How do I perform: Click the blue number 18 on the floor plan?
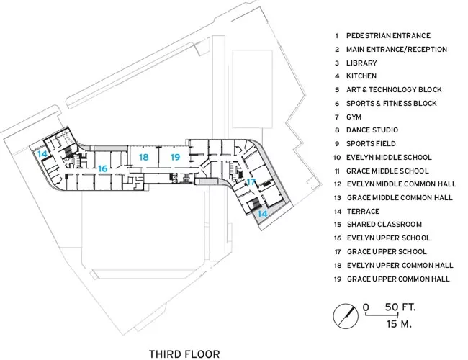coord(144,157)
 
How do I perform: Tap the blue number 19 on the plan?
coord(176,157)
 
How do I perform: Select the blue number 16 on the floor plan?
coord(103,168)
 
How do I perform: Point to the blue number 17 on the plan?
coord(251,181)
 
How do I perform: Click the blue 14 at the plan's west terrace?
coord(42,154)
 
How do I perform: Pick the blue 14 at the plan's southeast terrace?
coord(262,214)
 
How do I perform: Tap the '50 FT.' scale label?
coord(400,307)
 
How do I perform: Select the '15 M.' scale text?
coord(399,324)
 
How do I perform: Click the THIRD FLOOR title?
coord(184,354)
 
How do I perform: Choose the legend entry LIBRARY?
coord(361,63)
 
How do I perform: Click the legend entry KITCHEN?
coord(361,76)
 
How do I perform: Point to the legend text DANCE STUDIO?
coord(372,130)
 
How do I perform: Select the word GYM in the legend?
coord(354,117)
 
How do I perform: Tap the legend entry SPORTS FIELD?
coord(371,144)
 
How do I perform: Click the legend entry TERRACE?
coord(363,212)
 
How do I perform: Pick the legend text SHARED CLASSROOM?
coord(384,225)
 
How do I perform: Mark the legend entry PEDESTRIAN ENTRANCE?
coord(388,36)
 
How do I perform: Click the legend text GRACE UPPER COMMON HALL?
coord(398,279)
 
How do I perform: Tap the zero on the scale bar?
coord(366,307)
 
